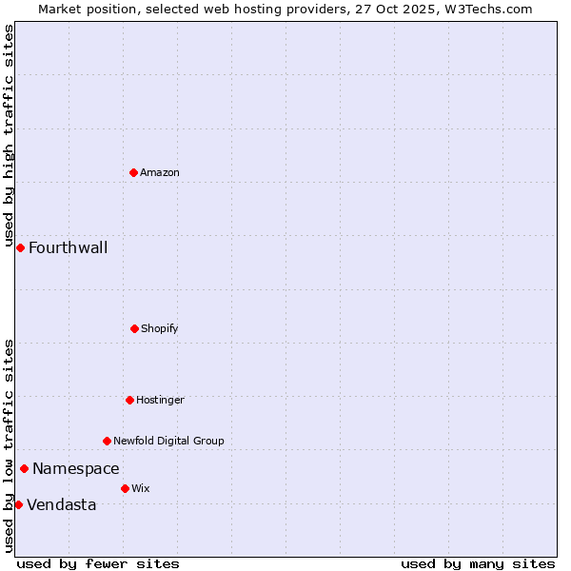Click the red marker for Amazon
(x=134, y=172)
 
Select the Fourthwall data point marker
(x=20, y=247)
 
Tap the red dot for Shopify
(x=134, y=328)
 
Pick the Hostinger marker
(x=129, y=400)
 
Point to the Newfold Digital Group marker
(x=107, y=441)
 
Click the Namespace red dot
(x=24, y=468)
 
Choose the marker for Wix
(x=125, y=488)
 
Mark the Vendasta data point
(x=18, y=504)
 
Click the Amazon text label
(x=160, y=172)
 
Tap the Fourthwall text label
(x=68, y=248)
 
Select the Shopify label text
(x=160, y=328)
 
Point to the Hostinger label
(x=160, y=400)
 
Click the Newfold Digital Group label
(x=168, y=441)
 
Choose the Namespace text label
(x=76, y=468)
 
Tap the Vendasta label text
(x=62, y=504)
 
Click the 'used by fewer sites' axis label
(x=98, y=563)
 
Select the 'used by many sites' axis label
(x=478, y=563)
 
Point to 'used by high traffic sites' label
(x=10, y=136)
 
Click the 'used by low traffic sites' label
(x=10, y=445)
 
